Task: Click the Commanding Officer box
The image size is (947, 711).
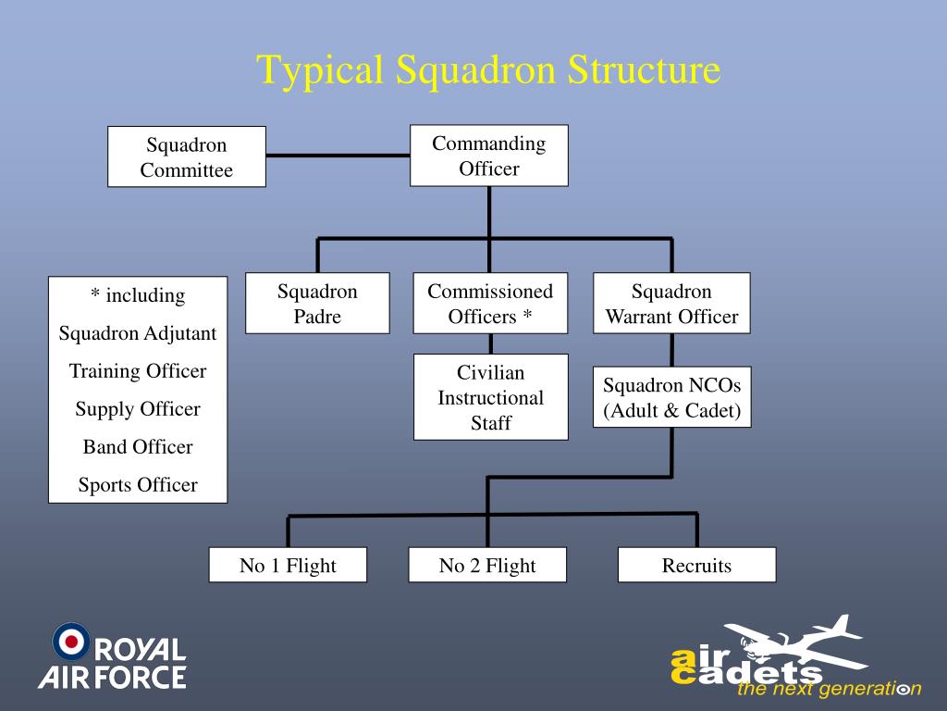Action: [x=489, y=156]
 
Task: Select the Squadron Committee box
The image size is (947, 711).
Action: [x=187, y=156]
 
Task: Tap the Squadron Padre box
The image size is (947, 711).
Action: [x=317, y=304]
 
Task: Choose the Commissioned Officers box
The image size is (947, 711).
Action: [x=490, y=304]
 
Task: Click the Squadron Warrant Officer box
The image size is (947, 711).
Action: [x=671, y=304]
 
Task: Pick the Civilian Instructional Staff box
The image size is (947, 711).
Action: [x=490, y=397]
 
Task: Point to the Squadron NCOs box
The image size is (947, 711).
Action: [x=671, y=397]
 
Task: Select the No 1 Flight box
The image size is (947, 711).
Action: [x=288, y=565]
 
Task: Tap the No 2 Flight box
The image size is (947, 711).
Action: [x=487, y=565]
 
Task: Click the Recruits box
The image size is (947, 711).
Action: [x=696, y=565]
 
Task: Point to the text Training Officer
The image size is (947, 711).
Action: [x=138, y=371]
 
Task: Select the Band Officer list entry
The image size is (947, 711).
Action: [x=138, y=447]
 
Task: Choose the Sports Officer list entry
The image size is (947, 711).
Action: [x=138, y=485]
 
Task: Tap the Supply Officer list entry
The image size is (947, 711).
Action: [x=138, y=409]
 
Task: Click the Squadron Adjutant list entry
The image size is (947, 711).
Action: [x=138, y=333]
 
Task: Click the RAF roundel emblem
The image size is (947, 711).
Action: [x=71, y=642]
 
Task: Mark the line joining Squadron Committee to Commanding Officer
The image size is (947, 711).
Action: [x=338, y=156]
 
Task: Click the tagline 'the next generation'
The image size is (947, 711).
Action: [x=829, y=689]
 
